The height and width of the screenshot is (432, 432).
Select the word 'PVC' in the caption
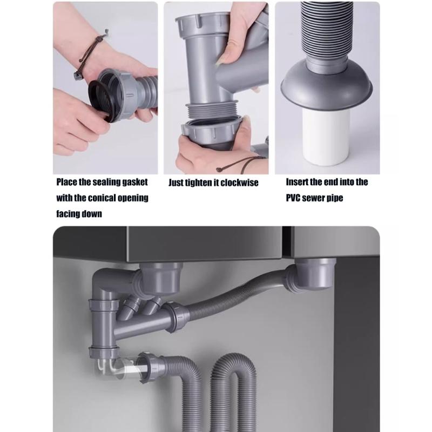tap(294, 198)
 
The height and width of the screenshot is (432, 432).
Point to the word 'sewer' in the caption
tap(315, 198)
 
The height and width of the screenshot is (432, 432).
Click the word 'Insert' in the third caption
tap(298, 182)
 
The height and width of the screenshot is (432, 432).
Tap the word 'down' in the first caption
tap(91, 213)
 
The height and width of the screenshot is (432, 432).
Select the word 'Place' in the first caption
tap(69, 183)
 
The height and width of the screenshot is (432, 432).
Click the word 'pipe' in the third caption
tap(335, 198)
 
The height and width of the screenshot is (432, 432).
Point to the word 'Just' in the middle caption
tap(176, 183)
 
